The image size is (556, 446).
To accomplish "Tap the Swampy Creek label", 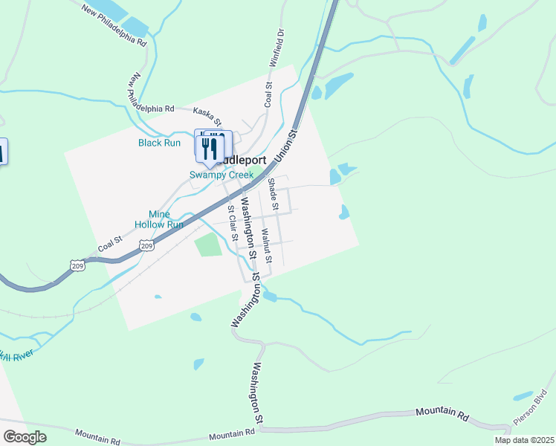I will pos(221,175).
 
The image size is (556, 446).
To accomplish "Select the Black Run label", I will pos(159,143).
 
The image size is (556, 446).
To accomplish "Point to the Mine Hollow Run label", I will pos(159,219).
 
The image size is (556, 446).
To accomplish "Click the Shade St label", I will pos(272,193).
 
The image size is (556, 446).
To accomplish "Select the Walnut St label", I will pos(265,246).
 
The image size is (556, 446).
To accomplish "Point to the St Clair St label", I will pos(232,224).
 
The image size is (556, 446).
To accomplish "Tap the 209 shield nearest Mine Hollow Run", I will pos(146,245).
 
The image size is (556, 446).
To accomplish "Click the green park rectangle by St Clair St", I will pos(209,245).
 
